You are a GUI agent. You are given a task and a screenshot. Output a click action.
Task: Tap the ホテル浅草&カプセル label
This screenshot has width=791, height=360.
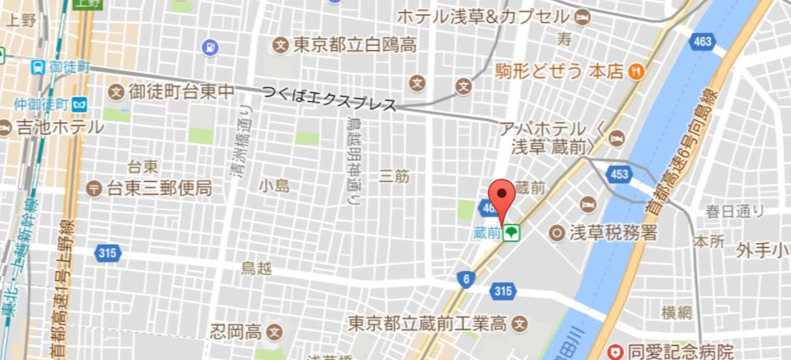click(484, 17)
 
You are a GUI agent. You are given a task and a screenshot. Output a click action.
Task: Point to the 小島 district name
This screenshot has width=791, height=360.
click(275, 186)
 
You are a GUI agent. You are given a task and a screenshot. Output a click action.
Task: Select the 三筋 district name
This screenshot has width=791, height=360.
click(395, 176)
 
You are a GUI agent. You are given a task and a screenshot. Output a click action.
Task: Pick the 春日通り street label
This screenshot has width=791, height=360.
click(737, 210)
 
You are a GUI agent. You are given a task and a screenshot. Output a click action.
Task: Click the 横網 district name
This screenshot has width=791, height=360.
click(678, 311)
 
